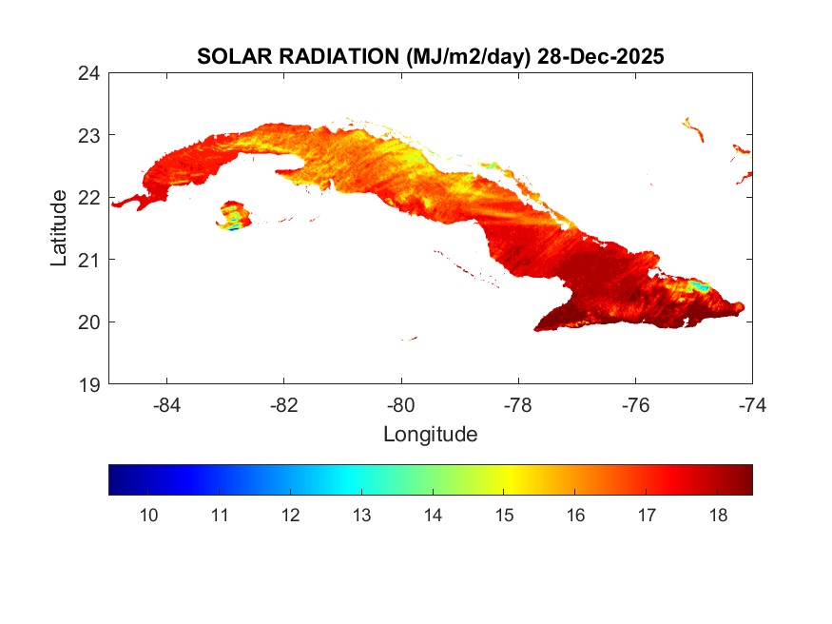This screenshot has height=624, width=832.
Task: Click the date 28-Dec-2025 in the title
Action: pyautogui.click(x=600, y=57)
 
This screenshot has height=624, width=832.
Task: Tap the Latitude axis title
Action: pyautogui.click(x=59, y=227)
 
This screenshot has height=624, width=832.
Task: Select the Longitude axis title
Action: pyautogui.click(x=430, y=435)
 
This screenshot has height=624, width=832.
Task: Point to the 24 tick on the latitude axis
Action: pyautogui.click(x=89, y=72)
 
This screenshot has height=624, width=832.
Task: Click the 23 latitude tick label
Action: pyautogui.click(x=89, y=134)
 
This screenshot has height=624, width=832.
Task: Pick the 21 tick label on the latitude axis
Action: pyautogui.click(x=89, y=259)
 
